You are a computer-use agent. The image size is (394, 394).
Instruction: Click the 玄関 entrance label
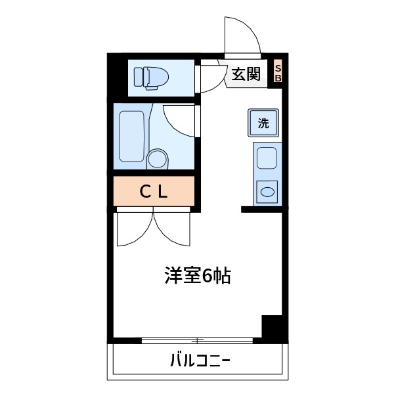[246, 74]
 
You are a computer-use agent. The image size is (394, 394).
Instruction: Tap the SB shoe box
[277, 74]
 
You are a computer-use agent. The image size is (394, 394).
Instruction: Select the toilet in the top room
[152, 77]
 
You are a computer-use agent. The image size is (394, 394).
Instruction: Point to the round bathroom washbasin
[158, 159]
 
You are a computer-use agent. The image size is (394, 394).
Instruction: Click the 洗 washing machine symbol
[263, 123]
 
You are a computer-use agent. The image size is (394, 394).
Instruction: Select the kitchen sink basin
[267, 159]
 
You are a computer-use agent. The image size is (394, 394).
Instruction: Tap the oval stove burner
[267, 192]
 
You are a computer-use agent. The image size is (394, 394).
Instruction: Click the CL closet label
[154, 191]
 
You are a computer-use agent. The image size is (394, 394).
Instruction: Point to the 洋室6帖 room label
[196, 276]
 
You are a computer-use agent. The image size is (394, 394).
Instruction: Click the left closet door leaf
[133, 229]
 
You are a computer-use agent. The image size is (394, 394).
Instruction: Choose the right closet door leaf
[173, 229]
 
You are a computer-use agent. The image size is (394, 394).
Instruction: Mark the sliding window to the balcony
[198, 340]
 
